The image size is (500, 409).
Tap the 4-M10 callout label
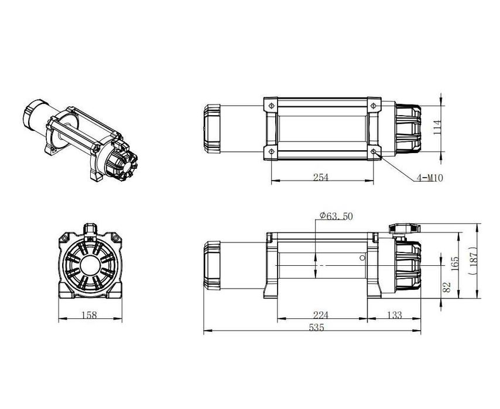click(430, 178)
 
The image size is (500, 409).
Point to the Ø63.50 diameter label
click(336, 216)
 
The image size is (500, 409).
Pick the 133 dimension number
click(395, 315)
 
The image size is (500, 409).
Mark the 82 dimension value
click(447, 286)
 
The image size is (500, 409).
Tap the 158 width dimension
click(90, 315)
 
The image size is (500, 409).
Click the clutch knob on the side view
click(404, 229)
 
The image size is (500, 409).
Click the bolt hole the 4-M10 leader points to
click(374, 152)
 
